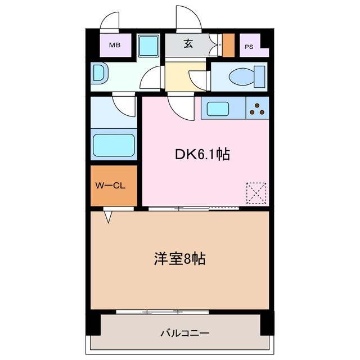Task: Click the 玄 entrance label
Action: coord(188,44)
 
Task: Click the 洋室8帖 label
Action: coord(179,259)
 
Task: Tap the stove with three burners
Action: coord(258,107)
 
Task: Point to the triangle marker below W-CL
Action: coord(107,215)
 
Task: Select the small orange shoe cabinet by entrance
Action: coord(228,45)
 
